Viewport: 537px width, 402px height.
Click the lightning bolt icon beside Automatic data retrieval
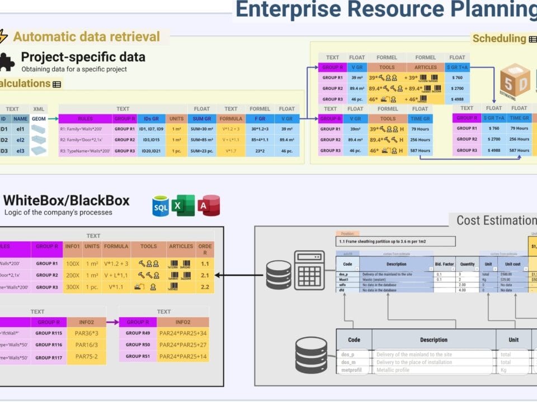click(3, 37)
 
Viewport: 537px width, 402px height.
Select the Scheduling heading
click(499, 39)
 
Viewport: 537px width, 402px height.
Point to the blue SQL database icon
click(161, 205)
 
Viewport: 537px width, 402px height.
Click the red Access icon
click(208, 205)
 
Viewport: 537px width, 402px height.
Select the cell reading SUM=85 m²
click(201, 140)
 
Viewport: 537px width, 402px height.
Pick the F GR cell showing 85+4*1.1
click(260, 140)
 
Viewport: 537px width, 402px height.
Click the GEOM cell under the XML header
click(39, 118)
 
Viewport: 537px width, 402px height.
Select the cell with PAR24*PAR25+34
click(183, 333)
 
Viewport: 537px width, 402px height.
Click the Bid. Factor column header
click(445, 264)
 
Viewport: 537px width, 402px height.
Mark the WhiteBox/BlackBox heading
click(67, 200)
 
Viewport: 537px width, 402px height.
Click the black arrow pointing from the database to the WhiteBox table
click(235, 274)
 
